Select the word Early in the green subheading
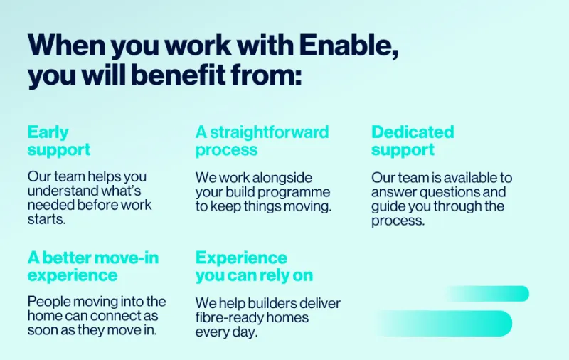click(48, 133)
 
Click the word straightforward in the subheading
click(270, 132)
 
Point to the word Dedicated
click(413, 132)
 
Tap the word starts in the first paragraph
click(46, 219)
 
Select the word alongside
click(282, 178)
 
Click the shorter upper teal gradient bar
click(486, 294)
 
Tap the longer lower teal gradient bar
click(444, 323)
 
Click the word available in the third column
click(471, 178)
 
